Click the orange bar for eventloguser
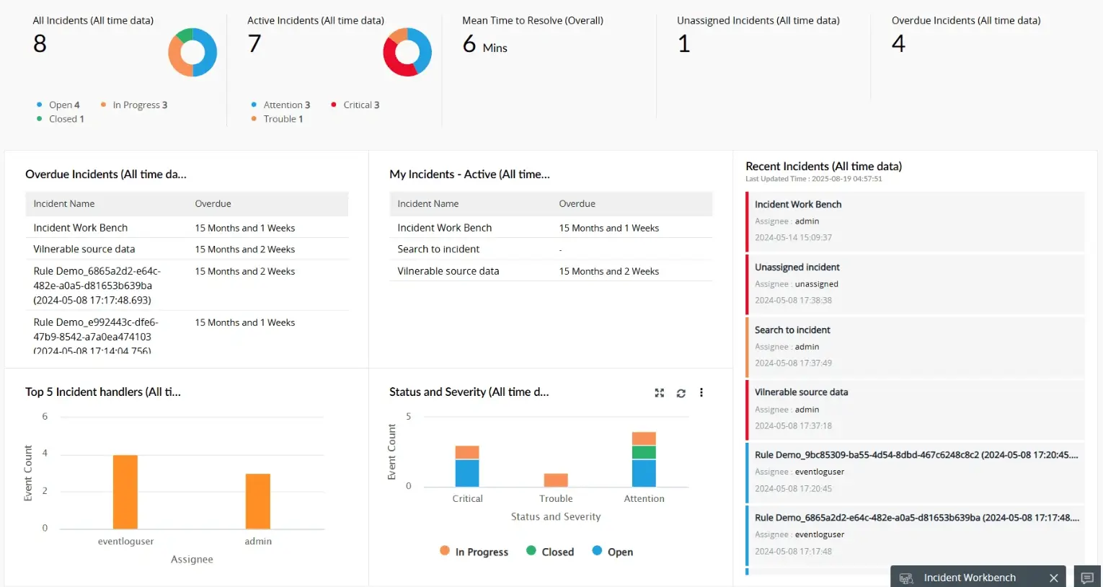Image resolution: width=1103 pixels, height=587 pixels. (x=125, y=492)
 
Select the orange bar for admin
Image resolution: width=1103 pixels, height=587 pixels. (x=257, y=501)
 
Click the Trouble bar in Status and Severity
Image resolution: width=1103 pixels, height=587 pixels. (x=556, y=480)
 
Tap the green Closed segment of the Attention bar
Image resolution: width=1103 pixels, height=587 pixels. (x=644, y=452)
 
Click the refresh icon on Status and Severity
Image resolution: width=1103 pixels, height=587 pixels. (x=681, y=393)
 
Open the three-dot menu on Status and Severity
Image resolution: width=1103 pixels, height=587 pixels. (x=701, y=393)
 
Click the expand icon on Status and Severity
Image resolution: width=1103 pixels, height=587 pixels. (x=659, y=393)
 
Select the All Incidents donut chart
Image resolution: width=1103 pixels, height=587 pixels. (x=192, y=53)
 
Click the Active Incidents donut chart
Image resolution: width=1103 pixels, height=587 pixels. (x=407, y=53)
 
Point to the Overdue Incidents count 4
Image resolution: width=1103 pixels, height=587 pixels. (x=898, y=44)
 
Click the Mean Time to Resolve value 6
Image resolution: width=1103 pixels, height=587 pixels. (x=469, y=45)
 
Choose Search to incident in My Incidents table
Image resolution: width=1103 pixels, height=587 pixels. (x=438, y=250)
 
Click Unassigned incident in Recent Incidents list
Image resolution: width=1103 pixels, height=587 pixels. (x=797, y=268)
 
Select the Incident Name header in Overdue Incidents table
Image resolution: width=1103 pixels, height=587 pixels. (x=64, y=204)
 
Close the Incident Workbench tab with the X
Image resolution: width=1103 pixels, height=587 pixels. (x=1053, y=578)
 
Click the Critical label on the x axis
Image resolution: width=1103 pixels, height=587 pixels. (x=467, y=499)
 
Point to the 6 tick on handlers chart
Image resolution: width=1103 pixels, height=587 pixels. (x=45, y=417)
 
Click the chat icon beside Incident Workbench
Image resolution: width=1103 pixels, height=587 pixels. (x=1087, y=578)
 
